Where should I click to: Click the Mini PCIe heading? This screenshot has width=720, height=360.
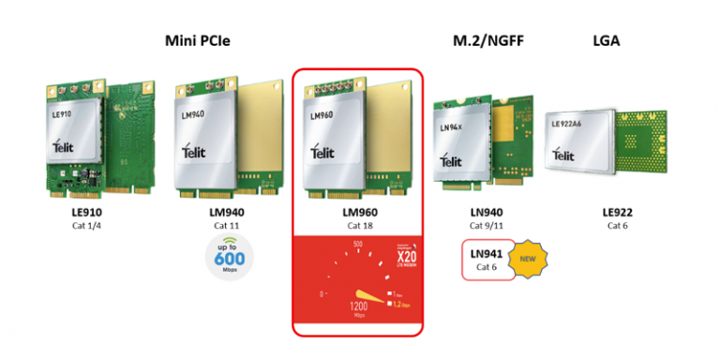pos(197,40)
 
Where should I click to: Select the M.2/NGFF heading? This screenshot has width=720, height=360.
pos(483,40)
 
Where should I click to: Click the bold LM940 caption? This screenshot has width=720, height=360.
pos(226,213)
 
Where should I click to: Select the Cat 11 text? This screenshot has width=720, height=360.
pos(226,225)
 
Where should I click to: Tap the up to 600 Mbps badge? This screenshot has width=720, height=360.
pos(227,258)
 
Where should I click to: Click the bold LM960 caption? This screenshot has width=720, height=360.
pos(359,213)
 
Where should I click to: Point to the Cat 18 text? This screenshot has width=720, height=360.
pos(359,225)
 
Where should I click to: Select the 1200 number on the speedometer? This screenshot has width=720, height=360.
pos(359,306)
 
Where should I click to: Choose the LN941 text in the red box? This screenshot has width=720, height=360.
pos(487,252)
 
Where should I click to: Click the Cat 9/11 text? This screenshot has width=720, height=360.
pos(487,225)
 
